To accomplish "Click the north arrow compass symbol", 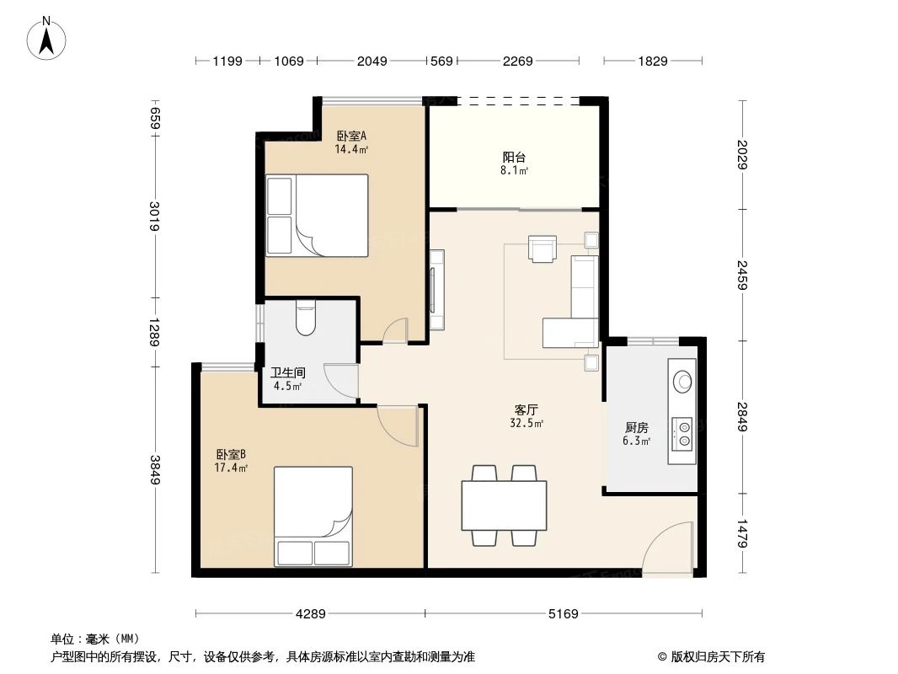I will pos(48,37).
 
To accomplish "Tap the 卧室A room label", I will pos(351,136).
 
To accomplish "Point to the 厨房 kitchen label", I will pos(636,427).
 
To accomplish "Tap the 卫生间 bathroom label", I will pos(287,372).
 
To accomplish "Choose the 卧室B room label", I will pos(230,454).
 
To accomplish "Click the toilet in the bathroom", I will pos(305,318).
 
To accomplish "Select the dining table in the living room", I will pos(504,505).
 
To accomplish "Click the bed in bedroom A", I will pos(317,215).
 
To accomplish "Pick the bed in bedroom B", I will pos(313,516).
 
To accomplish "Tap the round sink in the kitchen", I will pos(682,380).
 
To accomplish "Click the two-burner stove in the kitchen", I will pos(683,431).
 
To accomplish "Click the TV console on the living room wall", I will pos(436,290).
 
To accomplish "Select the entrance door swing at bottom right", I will pos(670,550).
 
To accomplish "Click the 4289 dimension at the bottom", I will pos(310,614).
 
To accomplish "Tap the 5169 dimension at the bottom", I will pos(563,614).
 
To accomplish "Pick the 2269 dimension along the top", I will pos(517,61).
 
